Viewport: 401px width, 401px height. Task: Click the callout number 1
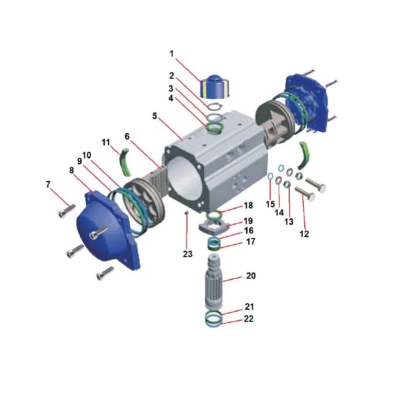[171, 54]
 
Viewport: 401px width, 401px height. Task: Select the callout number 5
[154, 116]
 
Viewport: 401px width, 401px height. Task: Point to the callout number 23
[187, 254]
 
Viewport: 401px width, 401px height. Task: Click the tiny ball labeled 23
[186, 213]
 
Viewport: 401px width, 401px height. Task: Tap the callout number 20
[251, 276]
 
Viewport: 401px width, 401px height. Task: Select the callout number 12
[304, 234]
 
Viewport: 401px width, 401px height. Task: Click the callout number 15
[270, 204]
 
